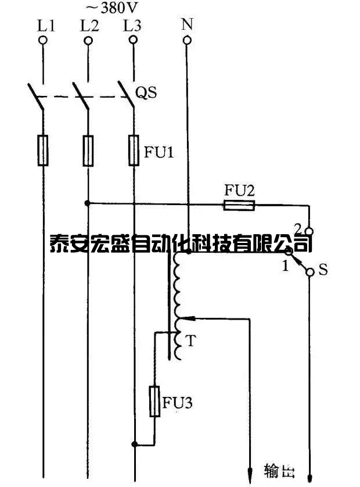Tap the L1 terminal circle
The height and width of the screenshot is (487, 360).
(42, 40)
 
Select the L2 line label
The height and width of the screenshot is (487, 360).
(89, 25)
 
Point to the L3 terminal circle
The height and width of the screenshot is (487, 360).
(133, 40)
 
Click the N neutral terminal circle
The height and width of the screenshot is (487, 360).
(187, 40)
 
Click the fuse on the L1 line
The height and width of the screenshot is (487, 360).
(43, 151)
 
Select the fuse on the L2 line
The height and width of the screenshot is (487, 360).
(88, 151)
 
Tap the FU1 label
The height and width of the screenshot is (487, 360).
(159, 154)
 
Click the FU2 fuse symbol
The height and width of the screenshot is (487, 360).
(240, 204)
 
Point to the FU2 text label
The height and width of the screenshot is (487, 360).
(239, 190)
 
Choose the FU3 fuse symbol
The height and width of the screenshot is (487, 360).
(155, 401)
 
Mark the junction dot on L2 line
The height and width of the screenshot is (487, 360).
(88, 203)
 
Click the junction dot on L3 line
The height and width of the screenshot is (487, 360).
(134, 445)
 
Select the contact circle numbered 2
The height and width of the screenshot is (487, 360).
(309, 231)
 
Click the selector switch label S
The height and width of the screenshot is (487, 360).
(323, 270)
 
